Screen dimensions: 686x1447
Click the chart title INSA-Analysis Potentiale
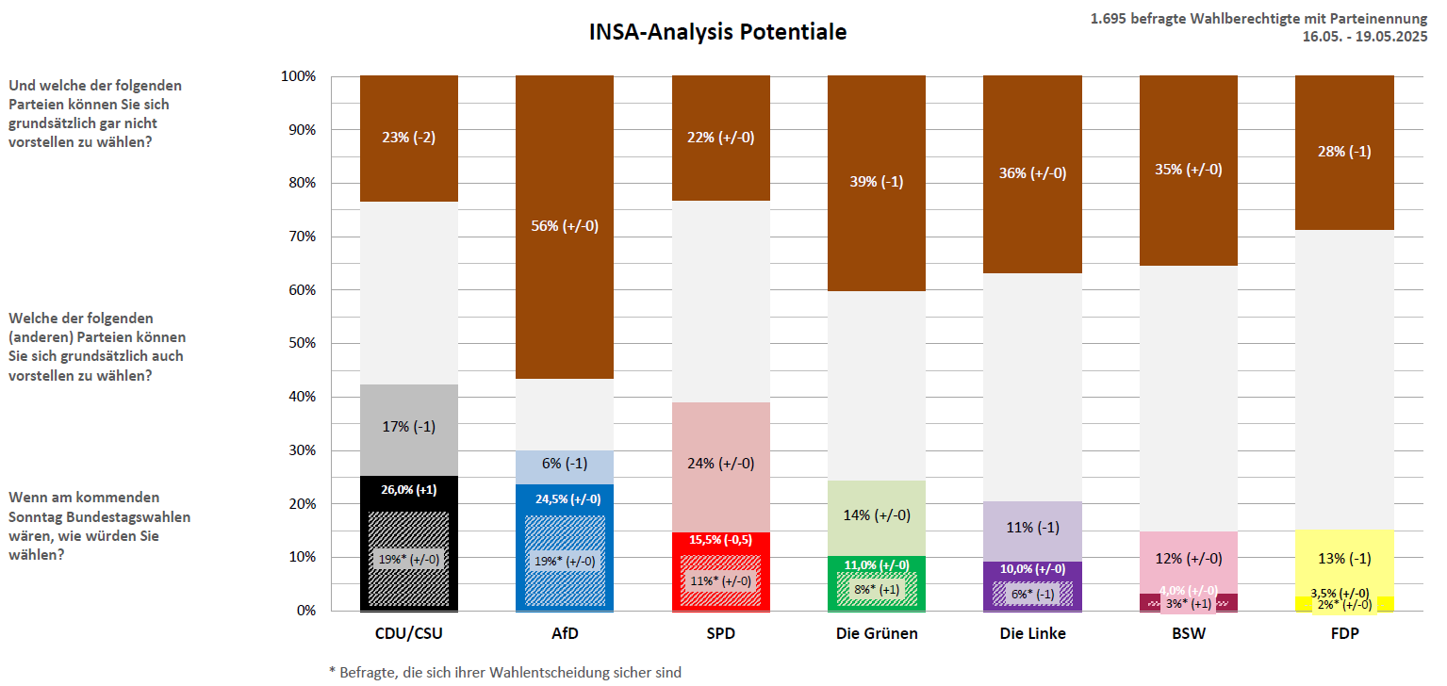coord(717,32)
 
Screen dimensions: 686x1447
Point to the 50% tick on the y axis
coord(299,343)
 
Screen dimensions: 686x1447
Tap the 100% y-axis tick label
coord(298,75)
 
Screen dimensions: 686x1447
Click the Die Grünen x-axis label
coord(877,634)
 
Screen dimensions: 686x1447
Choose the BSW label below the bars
coord(1188,634)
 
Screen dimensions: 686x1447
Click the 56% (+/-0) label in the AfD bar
coord(564,225)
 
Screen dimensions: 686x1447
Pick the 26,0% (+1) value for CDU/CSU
coord(408,489)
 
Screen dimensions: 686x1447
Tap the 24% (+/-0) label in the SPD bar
coord(720,464)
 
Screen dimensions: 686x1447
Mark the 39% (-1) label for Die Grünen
coord(876,181)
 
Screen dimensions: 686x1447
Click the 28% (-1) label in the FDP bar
coord(1344,153)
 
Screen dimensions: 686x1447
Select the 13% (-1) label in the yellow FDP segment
coord(1344,558)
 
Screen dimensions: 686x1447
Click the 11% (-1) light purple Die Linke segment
coord(1032,527)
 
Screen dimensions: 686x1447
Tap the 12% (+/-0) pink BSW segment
coord(1188,558)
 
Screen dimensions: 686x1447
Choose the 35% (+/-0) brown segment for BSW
coord(1188,170)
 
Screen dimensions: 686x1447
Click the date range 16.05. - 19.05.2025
coord(1364,37)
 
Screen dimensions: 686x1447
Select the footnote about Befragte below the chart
coord(504,672)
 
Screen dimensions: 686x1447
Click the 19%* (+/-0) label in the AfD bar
coord(564,561)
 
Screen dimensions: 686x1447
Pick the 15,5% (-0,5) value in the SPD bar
coord(720,541)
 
